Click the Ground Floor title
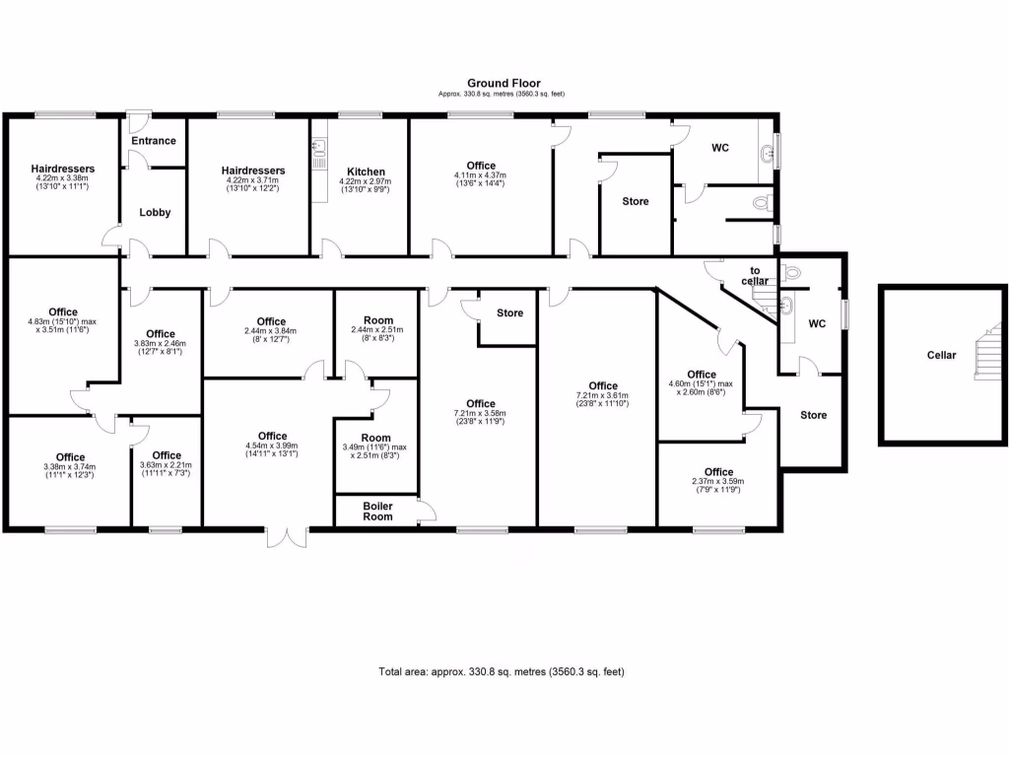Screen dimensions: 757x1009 click(x=504, y=84)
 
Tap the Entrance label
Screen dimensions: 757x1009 click(x=154, y=141)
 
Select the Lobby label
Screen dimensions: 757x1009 click(x=155, y=213)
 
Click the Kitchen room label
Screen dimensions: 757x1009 click(x=366, y=172)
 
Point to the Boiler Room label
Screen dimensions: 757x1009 click(x=377, y=511)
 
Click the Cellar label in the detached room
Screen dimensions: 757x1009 click(x=941, y=355)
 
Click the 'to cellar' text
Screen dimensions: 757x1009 click(x=756, y=276)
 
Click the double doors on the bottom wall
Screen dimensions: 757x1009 click(x=287, y=538)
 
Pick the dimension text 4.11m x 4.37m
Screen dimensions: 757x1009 click(x=482, y=176)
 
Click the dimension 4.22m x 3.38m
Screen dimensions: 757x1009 click(x=62, y=179)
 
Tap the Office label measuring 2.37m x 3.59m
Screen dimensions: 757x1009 click(x=718, y=472)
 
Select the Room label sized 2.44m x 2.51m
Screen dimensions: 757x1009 click(x=377, y=320)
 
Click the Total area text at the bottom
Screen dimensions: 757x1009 click(x=502, y=672)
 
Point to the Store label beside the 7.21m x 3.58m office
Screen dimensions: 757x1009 click(x=509, y=313)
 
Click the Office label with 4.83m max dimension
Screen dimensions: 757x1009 click(x=62, y=312)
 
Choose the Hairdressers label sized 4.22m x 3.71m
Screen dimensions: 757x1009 click(x=253, y=171)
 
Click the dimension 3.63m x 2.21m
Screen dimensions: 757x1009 click(x=167, y=465)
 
